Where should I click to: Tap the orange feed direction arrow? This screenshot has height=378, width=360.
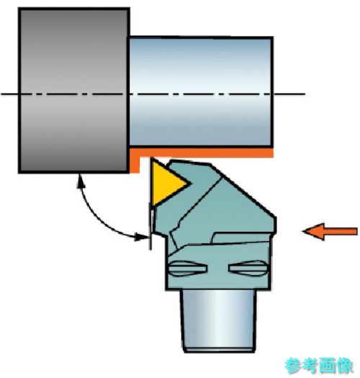330,231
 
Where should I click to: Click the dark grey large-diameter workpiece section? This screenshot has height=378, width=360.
73,90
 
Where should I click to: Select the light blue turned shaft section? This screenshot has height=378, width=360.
201,91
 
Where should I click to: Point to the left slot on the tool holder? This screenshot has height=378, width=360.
187,268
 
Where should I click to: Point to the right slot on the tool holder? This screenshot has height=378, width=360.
248,268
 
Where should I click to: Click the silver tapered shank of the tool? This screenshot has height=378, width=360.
219,320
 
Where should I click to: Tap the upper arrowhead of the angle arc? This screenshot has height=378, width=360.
81,181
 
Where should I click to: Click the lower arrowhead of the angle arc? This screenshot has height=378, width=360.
142,237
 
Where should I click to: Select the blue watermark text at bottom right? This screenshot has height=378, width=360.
319,366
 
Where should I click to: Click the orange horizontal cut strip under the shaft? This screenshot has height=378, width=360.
202,153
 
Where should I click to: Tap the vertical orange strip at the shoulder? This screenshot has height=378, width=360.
135,161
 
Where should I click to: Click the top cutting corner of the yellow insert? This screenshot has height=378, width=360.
152,158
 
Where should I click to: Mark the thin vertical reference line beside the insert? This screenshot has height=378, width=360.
150,226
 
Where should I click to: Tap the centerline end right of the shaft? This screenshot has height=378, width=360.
305,94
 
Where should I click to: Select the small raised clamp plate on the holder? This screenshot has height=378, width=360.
243,238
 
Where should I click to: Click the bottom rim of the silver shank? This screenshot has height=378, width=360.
219,349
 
